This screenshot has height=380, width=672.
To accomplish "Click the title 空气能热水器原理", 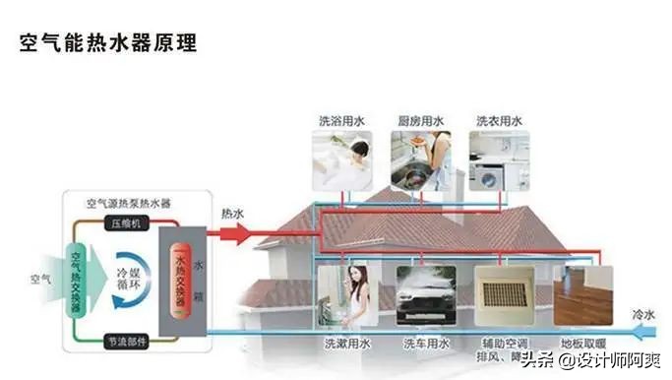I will pyautogui.click(x=108, y=43).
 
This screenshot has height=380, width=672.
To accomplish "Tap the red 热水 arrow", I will pyautogui.click(x=236, y=232).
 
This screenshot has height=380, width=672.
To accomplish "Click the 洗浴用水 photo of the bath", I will pyautogui.click(x=341, y=160).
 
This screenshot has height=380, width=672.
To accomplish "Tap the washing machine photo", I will pyautogui.click(x=499, y=160).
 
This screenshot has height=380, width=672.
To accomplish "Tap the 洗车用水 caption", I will pyautogui.click(x=425, y=344).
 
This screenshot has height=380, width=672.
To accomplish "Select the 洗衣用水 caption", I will pyautogui.click(x=499, y=121).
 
